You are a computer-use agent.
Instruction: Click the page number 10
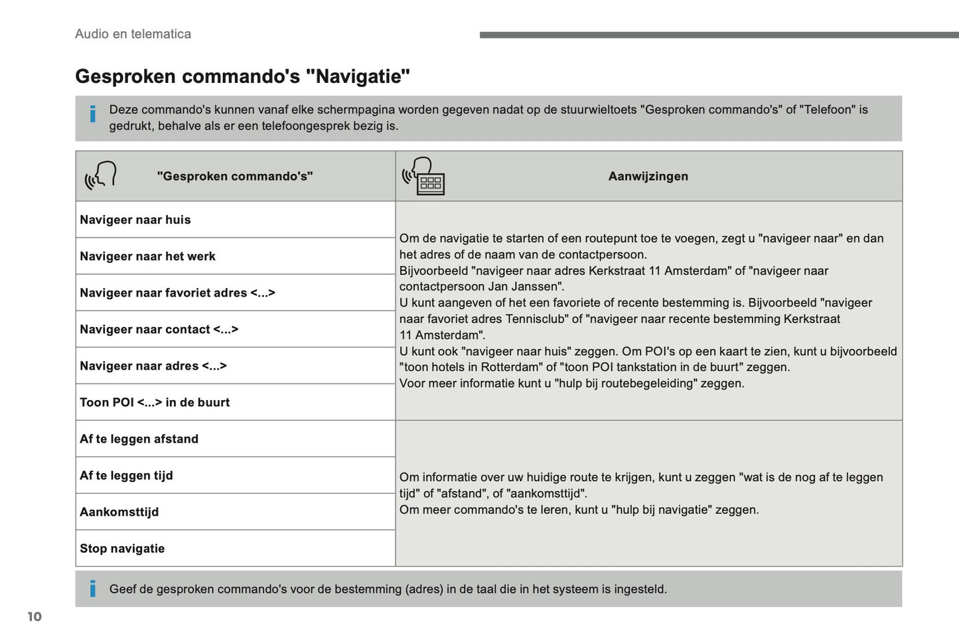click(x=35, y=616)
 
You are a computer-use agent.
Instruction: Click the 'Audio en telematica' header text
click(x=133, y=34)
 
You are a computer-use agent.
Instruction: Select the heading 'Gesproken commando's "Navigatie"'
click(x=242, y=76)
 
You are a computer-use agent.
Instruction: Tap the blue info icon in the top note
click(x=93, y=114)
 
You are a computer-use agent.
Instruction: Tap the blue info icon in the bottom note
click(x=93, y=588)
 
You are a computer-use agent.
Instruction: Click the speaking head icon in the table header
click(x=101, y=175)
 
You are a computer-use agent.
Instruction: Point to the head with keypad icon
click(x=423, y=176)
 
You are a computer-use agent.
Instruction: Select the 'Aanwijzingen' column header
click(x=648, y=177)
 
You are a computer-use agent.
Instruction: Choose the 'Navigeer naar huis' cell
click(x=135, y=220)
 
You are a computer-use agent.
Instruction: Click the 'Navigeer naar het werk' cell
click(x=147, y=256)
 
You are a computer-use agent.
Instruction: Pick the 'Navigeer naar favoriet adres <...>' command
click(x=177, y=293)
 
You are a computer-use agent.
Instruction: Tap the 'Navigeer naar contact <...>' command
click(x=159, y=329)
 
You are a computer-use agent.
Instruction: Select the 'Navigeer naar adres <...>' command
click(x=153, y=366)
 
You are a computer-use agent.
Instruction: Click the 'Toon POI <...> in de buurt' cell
click(x=155, y=402)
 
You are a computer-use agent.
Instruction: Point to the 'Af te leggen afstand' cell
click(x=139, y=439)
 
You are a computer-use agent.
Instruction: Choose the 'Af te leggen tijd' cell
click(x=126, y=475)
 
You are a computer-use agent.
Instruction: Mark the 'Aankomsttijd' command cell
click(x=119, y=512)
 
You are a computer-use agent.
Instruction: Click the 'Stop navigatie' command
click(x=122, y=548)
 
